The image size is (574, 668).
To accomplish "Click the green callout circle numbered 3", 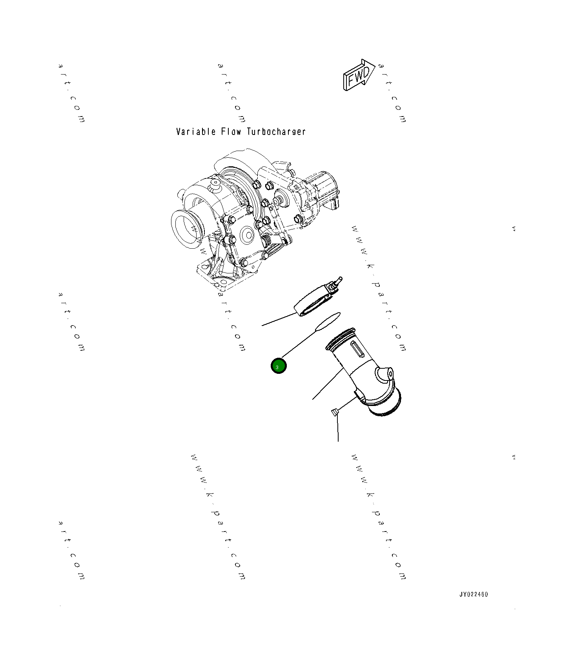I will click(279, 366).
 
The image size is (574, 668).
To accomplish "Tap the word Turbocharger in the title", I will click(276, 132).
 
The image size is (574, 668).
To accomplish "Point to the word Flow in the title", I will click(231, 132).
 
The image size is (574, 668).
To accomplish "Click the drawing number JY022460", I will click(474, 594).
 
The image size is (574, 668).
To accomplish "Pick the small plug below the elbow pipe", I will click(334, 412).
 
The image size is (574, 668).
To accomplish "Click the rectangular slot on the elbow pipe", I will click(357, 349).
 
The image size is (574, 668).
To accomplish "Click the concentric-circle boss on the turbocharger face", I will click(248, 236).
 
